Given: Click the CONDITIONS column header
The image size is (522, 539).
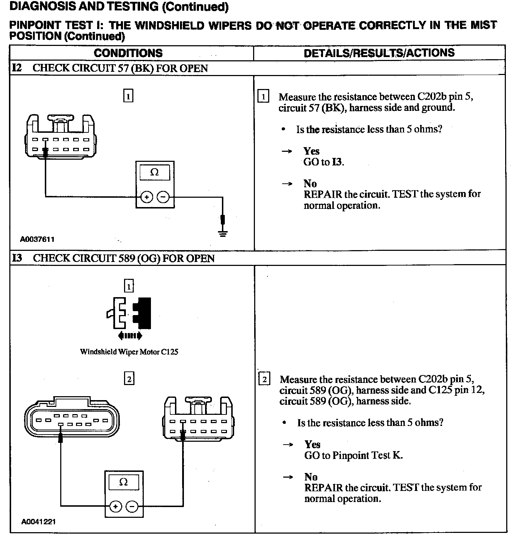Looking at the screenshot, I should tap(128, 53).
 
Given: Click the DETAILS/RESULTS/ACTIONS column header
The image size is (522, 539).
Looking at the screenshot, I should tap(379, 53).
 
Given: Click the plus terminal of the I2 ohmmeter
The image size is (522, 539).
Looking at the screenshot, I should tap(147, 197).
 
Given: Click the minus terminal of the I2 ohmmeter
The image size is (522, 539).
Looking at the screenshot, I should tap(163, 197).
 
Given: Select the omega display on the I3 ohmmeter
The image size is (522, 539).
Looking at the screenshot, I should tap(123, 482).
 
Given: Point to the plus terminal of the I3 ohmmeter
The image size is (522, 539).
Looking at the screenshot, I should tap(115, 507).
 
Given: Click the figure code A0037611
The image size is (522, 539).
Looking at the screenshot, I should tap(37, 239).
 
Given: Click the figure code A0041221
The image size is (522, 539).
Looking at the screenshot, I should tap(38, 522).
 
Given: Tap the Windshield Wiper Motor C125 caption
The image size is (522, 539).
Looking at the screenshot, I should tap(129, 352).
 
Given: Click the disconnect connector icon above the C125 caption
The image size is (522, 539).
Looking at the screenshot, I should tap(129, 313).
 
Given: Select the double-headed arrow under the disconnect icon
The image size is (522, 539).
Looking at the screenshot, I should tap(130, 336).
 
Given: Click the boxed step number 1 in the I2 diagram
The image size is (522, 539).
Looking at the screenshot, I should tap(128, 96).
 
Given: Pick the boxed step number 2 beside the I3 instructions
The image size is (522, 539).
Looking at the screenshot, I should tap(264, 379).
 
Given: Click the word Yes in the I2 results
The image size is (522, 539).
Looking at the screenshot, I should tap(311, 151).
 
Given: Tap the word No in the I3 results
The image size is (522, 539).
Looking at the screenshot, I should tap(311, 477).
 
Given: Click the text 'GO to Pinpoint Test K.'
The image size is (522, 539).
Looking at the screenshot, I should tap(353, 455).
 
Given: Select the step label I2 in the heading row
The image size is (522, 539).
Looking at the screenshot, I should tap(17, 68).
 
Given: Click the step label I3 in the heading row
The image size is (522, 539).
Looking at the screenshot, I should tap(17, 258).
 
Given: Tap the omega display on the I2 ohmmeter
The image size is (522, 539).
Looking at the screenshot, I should tap(155, 172).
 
